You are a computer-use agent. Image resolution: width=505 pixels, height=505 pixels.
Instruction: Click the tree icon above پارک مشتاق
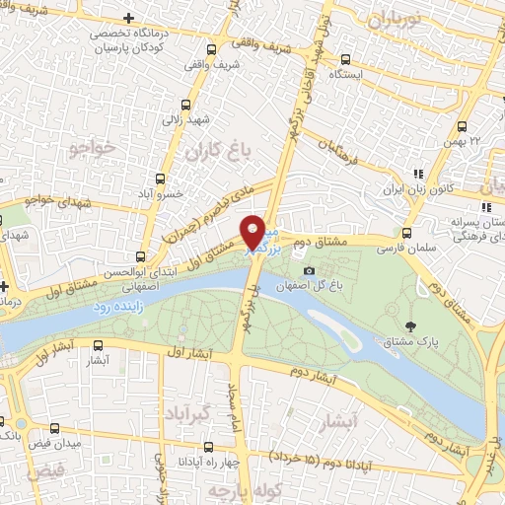[410, 326]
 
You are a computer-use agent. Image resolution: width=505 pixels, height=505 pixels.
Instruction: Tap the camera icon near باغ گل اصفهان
[310, 270]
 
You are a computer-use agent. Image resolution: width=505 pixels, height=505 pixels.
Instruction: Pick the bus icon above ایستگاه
[345, 58]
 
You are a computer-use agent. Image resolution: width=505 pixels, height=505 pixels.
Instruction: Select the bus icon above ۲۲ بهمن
[463, 125]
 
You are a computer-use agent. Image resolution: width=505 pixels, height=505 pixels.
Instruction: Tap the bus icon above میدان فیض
[54, 430]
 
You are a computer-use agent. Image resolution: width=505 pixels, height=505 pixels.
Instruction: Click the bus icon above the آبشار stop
[97, 345]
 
